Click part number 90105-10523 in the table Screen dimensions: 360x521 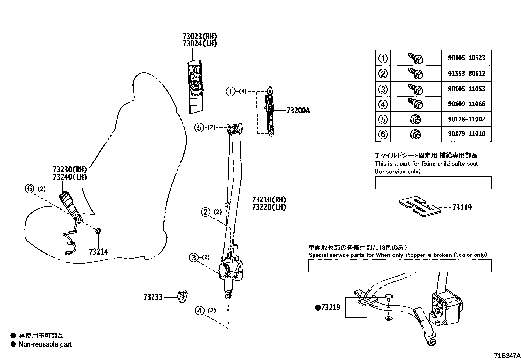(x=466, y=58)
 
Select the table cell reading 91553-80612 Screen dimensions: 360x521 (x=466, y=74)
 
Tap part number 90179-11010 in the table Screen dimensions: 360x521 (x=466, y=134)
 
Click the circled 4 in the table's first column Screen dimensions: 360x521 (x=383, y=104)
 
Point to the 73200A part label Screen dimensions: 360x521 (x=298, y=111)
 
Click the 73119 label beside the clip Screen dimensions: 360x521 (x=462, y=207)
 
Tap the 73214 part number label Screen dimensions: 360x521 (x=99, y=252)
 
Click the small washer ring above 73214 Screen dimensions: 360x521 (x=98, y=231)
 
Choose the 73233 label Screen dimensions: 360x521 (x=153, y=297)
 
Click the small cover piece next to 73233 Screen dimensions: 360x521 (x=182, y=296)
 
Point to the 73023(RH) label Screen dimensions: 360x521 (x=200, y=36)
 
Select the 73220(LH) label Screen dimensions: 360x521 (x=269, y=207)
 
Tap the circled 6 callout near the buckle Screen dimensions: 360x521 (x=30, y=189)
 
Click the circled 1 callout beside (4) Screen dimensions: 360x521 (x=230, y=91)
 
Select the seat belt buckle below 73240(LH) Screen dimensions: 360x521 (x=70, y=205)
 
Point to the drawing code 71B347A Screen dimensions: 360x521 (x=507, y=355)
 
